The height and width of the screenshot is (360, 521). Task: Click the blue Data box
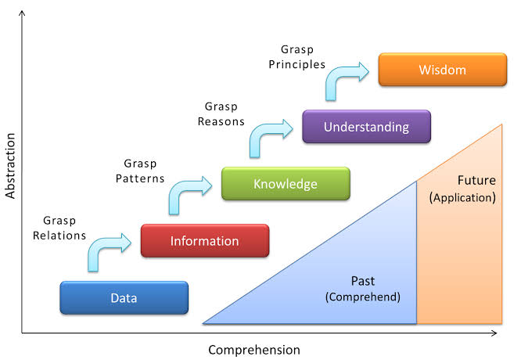(x=124, y=297)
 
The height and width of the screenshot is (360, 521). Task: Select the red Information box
(x=204, y=241)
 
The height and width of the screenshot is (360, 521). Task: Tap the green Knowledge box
(x=286, y=184)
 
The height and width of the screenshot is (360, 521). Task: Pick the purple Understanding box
(x=366, y=127)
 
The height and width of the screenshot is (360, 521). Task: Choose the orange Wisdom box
(x=442, y=70)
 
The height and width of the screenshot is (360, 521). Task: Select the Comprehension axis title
(x=253, y=350)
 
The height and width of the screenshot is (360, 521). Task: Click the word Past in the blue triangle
(x=363, y=280)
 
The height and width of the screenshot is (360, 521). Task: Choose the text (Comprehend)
(x=363, y=297)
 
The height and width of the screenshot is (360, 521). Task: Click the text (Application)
(x=463, y=197)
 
